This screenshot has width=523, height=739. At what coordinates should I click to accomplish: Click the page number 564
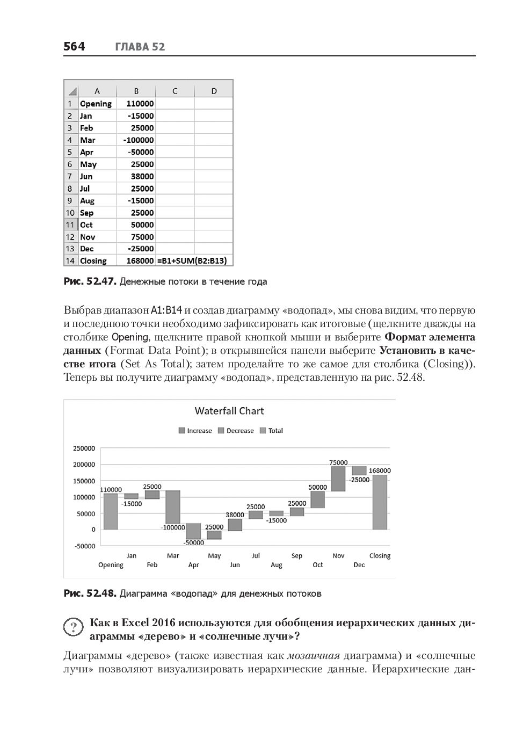74,47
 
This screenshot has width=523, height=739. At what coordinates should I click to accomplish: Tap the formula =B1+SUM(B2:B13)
192,261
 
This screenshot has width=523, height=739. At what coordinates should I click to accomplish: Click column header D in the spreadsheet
214,91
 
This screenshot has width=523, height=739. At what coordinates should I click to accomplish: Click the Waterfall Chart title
229,411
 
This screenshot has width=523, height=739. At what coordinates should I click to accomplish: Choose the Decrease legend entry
236,431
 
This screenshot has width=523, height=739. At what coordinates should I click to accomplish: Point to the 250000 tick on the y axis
84,448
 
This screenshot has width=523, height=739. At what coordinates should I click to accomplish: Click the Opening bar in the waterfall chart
111,511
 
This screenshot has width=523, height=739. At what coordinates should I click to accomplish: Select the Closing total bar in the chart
380,502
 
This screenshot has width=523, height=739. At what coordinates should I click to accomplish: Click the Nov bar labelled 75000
338,479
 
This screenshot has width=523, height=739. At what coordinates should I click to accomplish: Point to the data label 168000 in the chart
380,470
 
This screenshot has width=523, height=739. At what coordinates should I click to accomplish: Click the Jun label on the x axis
235,565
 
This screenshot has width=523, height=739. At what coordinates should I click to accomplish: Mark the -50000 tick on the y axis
84,546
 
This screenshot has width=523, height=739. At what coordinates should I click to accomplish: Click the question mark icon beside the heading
73,627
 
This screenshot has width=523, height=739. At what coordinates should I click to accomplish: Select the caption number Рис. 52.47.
90,281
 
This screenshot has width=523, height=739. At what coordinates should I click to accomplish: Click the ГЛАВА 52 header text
140,47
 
